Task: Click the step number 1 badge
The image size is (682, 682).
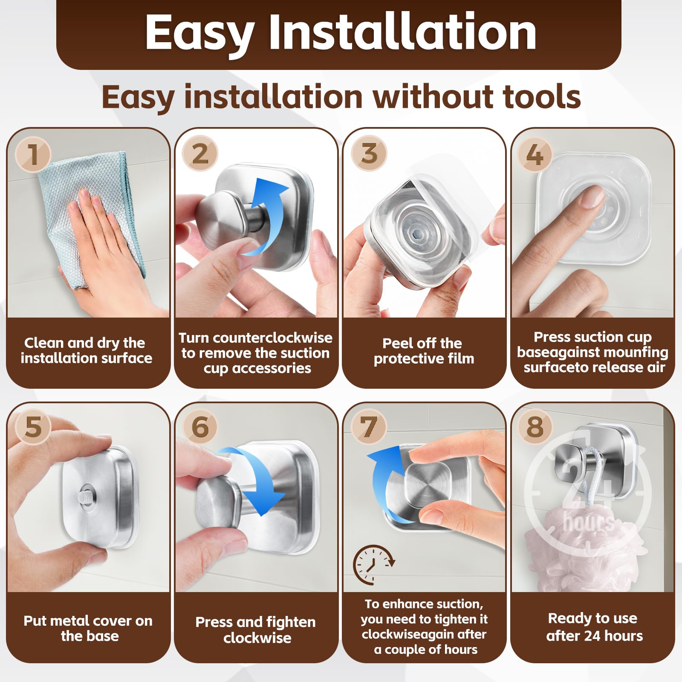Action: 33,154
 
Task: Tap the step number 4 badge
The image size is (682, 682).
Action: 535,154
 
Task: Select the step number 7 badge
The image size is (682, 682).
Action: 369,427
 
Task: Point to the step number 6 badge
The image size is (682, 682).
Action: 200,427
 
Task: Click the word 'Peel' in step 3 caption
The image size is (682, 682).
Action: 398,343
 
